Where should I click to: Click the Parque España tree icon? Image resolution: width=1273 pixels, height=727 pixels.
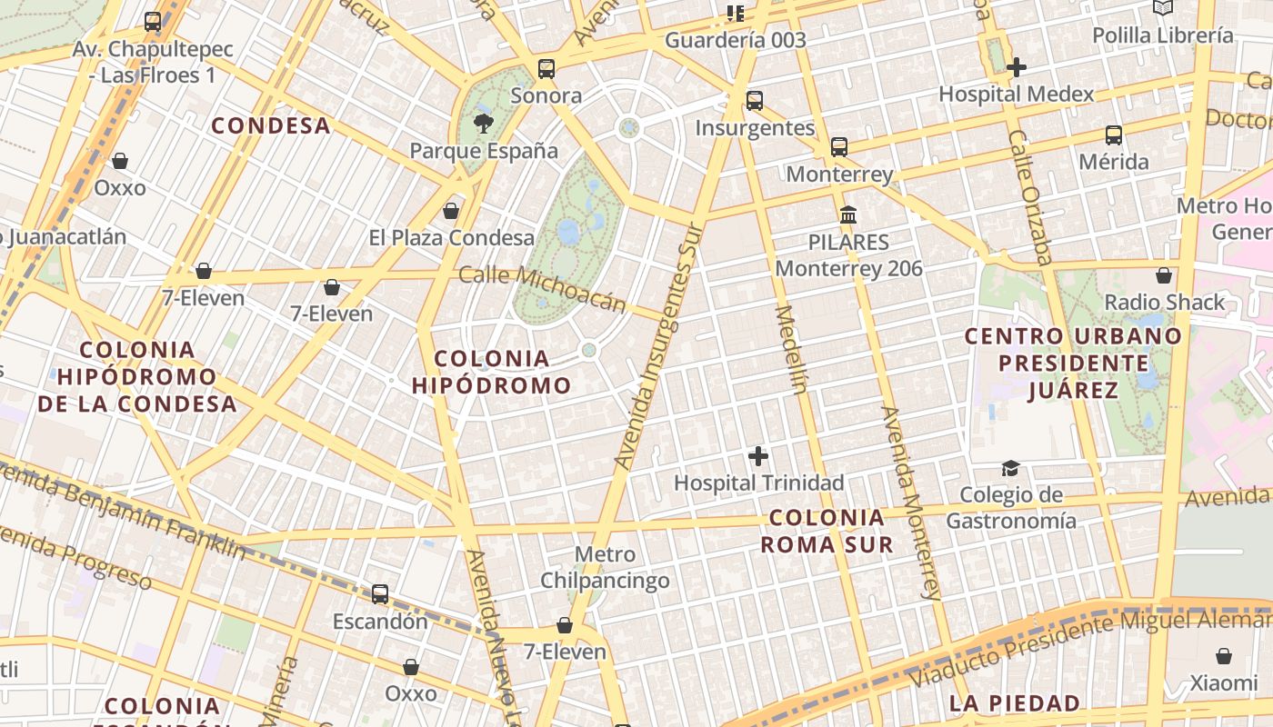point(484,123)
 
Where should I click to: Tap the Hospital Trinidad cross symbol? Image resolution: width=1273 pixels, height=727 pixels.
point(757,456)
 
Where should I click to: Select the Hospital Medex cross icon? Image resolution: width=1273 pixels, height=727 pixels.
point(1017,67)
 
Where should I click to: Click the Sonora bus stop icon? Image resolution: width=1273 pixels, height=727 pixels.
point(546,69)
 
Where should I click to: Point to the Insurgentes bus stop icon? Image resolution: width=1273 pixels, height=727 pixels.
point(755,101)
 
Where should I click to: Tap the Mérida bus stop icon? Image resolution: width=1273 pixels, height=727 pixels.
point(1114,135)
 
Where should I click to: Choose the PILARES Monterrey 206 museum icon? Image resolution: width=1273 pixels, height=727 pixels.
point(848,215)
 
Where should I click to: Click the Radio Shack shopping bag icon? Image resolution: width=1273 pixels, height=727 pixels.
point(1164,275)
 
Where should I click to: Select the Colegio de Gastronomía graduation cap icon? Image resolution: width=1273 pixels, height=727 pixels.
point(1010,468)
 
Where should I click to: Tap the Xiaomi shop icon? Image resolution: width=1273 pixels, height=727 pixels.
point(1224,656)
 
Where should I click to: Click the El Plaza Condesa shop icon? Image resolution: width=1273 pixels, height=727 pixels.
point(451,212)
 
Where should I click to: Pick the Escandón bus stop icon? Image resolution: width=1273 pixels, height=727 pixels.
point(380,594)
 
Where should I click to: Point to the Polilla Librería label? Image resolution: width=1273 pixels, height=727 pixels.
point(1163,35)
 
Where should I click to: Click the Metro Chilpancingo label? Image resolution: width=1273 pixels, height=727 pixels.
point(606,567)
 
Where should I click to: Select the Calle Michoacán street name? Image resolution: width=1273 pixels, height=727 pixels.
point(543,288)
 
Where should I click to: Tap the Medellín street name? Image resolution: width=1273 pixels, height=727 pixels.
point(790,350)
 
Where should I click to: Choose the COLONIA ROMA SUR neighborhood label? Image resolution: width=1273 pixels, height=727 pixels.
point(827,532)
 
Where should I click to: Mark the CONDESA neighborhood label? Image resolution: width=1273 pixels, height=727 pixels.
point(271,125)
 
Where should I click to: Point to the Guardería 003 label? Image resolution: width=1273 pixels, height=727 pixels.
point(736,40)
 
